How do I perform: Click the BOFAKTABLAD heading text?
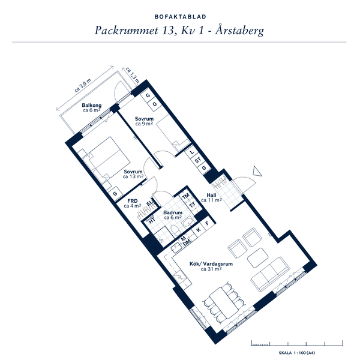tap(180, 17)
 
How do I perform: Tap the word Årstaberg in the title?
tap(239, 31)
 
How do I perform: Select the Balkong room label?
tap(92, 106)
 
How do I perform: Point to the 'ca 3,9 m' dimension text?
tap(83, 85)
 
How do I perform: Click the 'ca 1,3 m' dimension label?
tap(133, 75)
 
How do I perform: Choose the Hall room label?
tap(211, 195)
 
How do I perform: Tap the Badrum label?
tap(173, 212)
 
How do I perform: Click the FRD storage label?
tap(133, 201)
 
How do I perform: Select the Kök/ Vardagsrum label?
tap(211, 264)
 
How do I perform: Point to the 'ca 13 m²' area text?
tap(133, 176)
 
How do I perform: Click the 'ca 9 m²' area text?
tap(144, 124)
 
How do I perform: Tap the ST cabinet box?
tap(197, 160)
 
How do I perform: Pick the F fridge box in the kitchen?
tap(207, 223)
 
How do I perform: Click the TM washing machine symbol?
tap(185, 196)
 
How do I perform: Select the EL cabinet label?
tap(149, 203)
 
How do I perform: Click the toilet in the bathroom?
tap(176, 231)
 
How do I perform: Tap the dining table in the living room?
tap(224, 302)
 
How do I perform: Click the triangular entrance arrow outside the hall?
tap(257, 171)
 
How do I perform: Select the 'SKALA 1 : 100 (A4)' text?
tap(297, 353)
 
